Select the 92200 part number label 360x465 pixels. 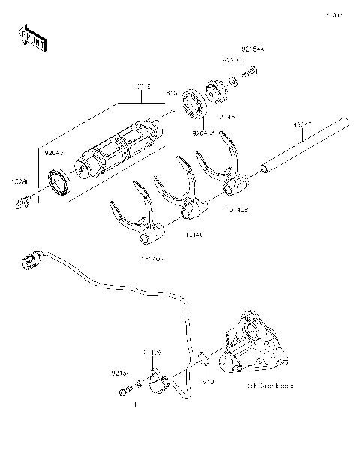coord(231,56)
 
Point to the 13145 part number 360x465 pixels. coord(226,116)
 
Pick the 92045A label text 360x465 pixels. coord(202,133)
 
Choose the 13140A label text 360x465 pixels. coord(150,259)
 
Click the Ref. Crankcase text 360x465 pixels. coord(266,385)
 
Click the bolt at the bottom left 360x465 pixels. coord(124,389)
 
